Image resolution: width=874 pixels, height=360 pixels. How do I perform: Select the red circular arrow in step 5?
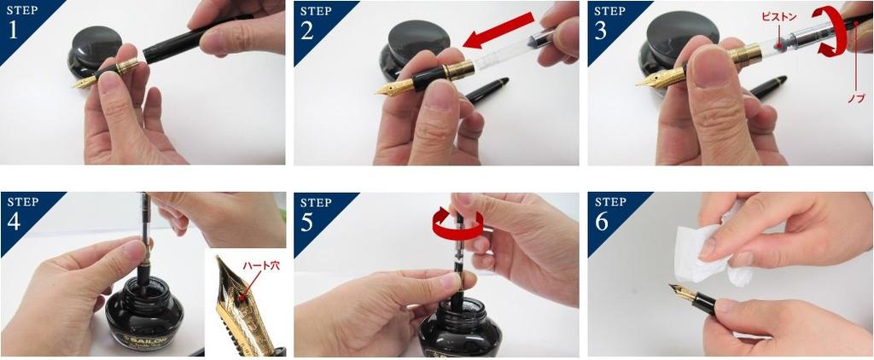457,223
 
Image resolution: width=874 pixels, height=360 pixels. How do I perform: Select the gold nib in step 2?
393,87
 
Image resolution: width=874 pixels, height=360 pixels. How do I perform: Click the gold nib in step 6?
683,293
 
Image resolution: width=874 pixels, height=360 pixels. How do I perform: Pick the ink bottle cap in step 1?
95,44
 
